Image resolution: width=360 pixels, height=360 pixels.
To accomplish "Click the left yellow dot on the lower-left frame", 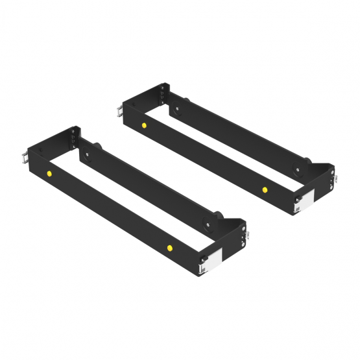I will (49, 173).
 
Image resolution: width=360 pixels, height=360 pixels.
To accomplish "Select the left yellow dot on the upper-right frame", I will (143, 125).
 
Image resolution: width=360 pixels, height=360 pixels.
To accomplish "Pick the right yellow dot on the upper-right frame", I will (265, 189).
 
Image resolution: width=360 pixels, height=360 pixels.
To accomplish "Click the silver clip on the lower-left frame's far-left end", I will (25, 156).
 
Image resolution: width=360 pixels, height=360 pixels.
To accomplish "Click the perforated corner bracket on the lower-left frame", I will (74, 139).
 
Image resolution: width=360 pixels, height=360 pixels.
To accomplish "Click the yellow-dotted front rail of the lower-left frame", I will (110, 211).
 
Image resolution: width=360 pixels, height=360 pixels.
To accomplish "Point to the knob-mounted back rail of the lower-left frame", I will (149, 188).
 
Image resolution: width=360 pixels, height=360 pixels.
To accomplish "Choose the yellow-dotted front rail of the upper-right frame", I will (204, 158).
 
